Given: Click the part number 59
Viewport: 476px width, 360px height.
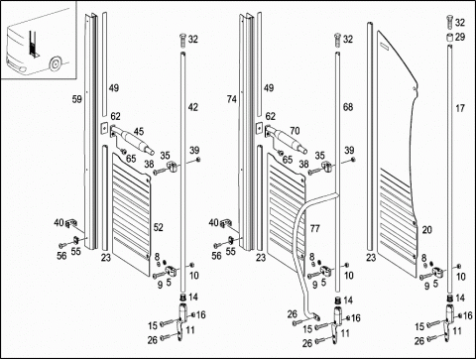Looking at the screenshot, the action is tap(77, 99).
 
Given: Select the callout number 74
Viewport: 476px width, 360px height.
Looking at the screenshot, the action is tap(232, 99).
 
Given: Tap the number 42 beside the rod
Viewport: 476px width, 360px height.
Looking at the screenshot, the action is tap(193, 107).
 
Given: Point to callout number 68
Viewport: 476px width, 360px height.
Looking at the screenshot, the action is tap(348, 107).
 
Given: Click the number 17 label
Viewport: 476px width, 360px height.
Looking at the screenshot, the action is tap(460, 108).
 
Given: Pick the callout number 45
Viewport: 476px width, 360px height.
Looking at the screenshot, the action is tap(139, 132).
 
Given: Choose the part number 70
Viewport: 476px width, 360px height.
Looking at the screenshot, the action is tap(295, 131).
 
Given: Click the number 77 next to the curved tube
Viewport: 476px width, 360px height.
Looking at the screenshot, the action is tap(315, 228).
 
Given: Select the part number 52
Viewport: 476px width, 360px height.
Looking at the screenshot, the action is tap(159, 227).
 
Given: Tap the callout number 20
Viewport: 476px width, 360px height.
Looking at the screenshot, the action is tap(426, 230).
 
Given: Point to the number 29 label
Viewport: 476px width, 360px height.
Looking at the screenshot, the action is tap(460, 37).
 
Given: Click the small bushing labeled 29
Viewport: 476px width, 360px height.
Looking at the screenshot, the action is tap(449, 38).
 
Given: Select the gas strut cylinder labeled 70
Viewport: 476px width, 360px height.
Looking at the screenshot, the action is tap(288, 140).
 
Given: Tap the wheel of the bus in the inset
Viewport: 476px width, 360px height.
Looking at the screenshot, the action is tap(55, 63).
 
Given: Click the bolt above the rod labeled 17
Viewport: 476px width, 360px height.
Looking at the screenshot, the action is tap(449, 22).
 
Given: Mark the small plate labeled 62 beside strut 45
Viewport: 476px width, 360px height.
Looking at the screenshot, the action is tap(103, 128).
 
